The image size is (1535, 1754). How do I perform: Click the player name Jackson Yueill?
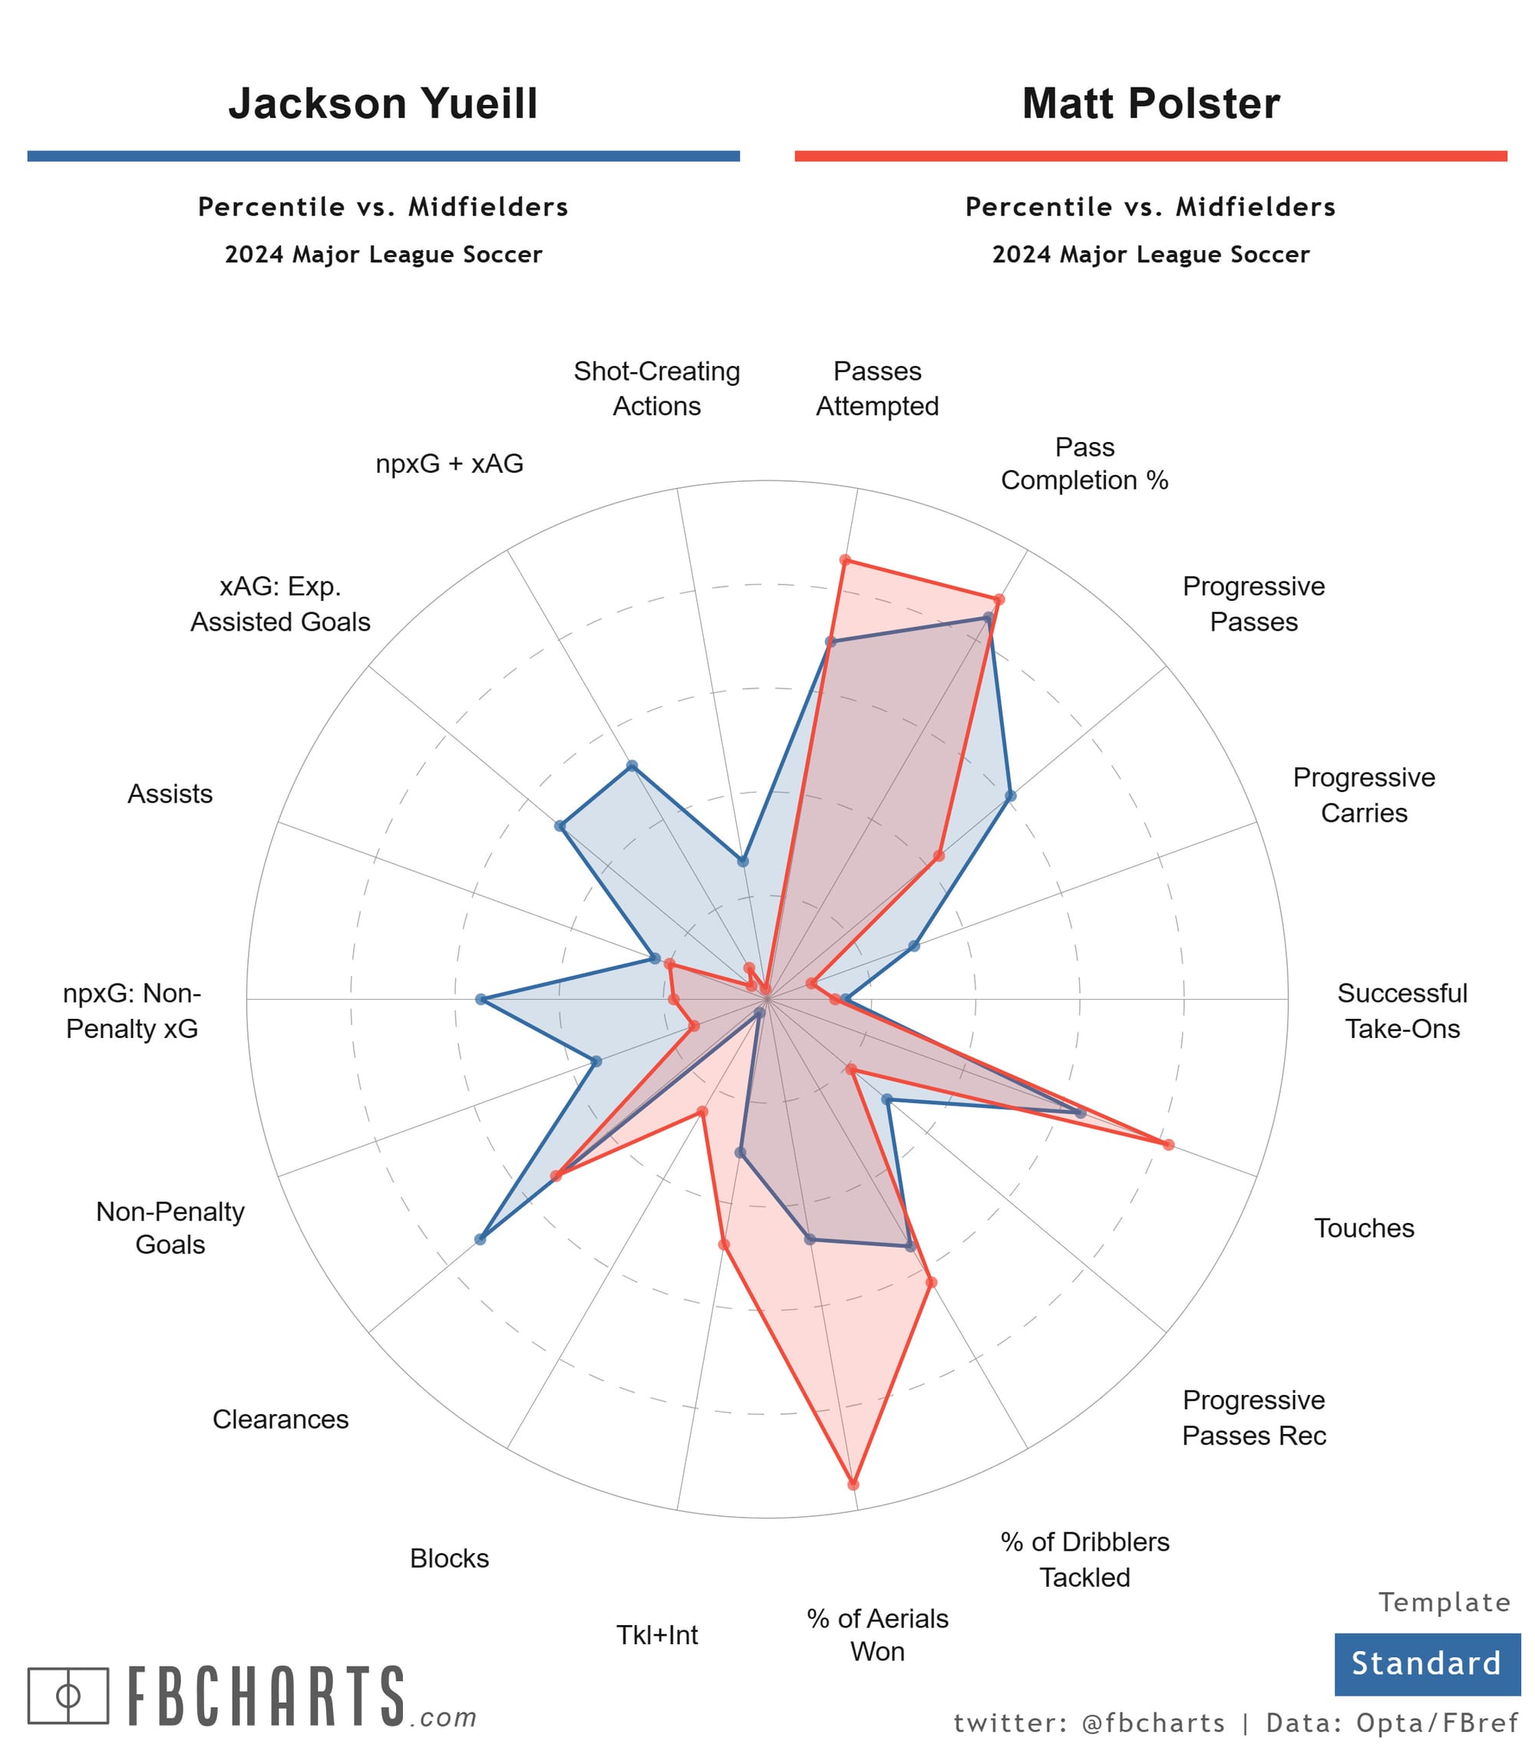[x=383, y=104]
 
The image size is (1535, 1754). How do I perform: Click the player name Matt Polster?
[x=1150, y=104]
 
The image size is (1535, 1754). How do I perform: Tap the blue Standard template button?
[x=1426, y=1663]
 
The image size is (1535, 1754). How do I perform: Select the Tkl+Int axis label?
[x=657, y=1635]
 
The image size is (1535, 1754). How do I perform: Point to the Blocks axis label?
[x=449, y=1558]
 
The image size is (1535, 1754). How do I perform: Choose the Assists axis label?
[x=170, y=794]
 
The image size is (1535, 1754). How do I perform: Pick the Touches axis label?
[x=1364, y=1228]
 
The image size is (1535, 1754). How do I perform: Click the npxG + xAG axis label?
[x=449, y=463]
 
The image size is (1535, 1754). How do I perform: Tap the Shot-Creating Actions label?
[x=656, y=388]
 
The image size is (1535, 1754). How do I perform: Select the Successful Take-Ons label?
[x=1402, y=1011]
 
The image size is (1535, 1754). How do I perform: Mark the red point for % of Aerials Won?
[x=853, y=1484]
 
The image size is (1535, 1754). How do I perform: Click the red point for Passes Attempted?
[x=844, y=560]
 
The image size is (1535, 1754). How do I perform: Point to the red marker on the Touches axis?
[x=1168, y=1144]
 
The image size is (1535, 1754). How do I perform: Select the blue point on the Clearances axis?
[x=480, y=1239]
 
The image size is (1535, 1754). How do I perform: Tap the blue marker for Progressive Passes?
[x=1011, y=796]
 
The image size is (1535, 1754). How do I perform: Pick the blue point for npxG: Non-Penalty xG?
[x=480, y=1000]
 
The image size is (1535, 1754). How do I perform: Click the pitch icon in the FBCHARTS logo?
[x=68, y=1696]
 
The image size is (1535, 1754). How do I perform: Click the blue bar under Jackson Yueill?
[x=383, y=156]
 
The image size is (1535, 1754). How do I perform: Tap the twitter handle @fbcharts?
[x=1153, y=1723]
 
